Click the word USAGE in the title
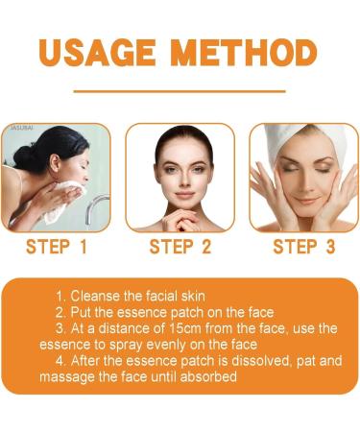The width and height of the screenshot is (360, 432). tap(104, 52)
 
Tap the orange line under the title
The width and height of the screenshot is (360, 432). tap(180, 91)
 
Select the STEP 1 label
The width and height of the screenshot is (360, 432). tap(57, 247)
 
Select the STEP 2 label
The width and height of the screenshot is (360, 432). tap(180, 247)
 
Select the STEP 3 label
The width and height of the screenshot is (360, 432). tap(304, 247)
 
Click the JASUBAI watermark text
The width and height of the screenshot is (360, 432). tap(20, 128)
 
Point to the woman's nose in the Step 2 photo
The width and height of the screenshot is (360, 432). tap(180, 174)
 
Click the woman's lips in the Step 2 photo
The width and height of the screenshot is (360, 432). tap(180, 188)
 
